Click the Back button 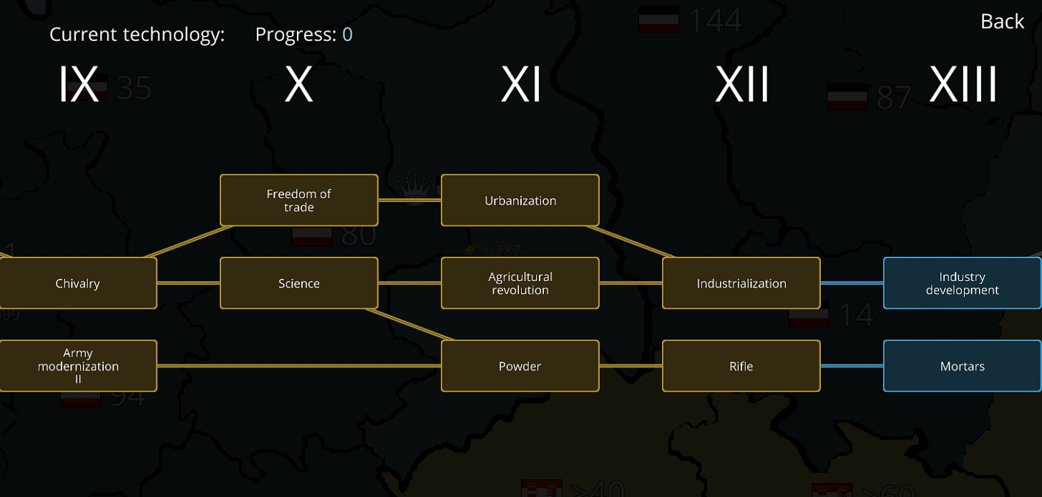[1002, 22]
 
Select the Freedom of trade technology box [298, 200]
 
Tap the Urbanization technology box [520, 200]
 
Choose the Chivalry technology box [77, 283]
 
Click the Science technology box [298, 283]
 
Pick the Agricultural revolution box [520, 283]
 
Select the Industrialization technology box [741, 283]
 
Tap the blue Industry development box [962, 283]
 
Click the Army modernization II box [77, 366]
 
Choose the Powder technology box [520, 366]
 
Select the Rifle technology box [741, 366]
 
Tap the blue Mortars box [962, 366]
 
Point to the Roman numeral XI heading [520, 85]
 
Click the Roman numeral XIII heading [963, 85]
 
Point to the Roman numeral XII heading [742, 85]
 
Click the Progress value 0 [347, 34]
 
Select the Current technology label [137, 34]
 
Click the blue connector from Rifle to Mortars [852, 366]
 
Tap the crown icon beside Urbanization [412, 190]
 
